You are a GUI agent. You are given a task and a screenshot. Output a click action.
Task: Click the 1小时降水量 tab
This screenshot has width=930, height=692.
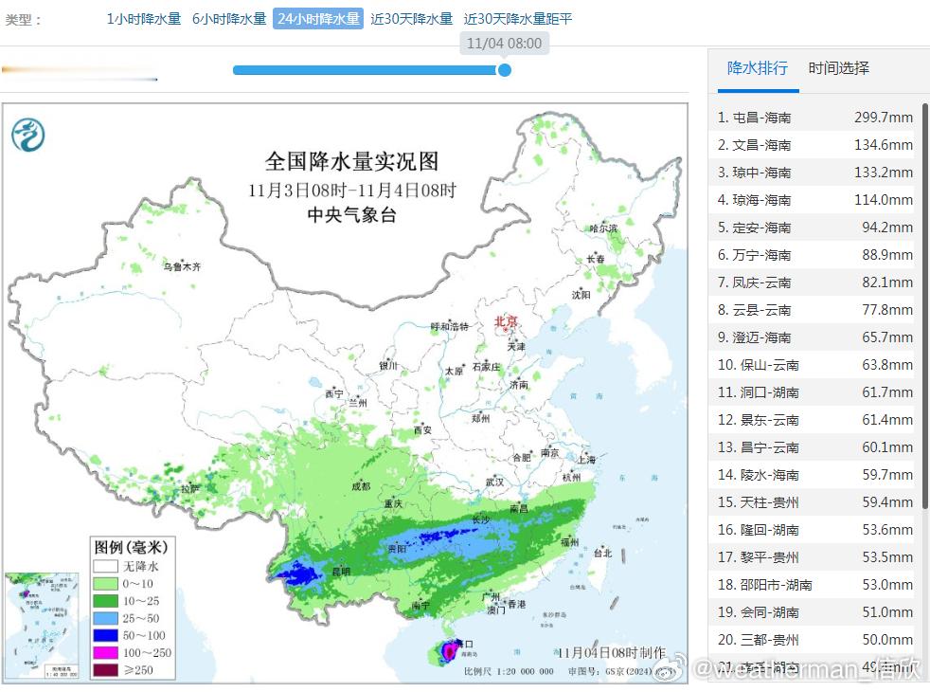pos(144,19)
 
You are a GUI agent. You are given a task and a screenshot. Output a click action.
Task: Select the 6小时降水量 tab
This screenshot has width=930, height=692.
pos(229,19)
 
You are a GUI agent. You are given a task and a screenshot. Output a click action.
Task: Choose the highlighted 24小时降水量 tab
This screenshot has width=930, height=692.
pos(318,19)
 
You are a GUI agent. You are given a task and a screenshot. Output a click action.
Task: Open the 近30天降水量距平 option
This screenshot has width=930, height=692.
pos(518,19)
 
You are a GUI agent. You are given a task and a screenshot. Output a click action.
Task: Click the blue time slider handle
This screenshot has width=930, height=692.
pos(505,70)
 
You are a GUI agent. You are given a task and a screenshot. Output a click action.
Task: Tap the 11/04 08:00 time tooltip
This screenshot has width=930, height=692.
pos(505,44)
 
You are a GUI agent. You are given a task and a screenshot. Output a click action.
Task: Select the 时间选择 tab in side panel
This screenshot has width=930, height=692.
pos(838,68)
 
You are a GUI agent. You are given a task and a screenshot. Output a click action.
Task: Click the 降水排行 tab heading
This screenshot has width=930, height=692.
pos(758,68)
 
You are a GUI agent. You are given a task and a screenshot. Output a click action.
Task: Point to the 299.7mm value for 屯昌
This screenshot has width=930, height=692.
pos(883,118)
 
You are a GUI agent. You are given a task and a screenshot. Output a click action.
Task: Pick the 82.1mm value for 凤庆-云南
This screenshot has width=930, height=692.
pos(885,282)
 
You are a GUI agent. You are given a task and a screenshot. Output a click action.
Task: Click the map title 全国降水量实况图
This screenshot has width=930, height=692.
pos(351,161)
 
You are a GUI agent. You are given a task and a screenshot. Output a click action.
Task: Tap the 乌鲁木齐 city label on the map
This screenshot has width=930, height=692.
pos(182,267)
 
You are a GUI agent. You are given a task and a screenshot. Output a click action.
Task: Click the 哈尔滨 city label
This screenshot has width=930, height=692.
pos(603,228)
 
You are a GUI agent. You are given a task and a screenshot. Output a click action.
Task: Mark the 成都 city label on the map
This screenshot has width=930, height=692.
pos(360,486)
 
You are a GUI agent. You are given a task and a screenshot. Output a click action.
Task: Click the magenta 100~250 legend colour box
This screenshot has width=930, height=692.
pos(106,652)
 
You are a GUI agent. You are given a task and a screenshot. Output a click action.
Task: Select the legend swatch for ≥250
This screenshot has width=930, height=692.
pos(106,670)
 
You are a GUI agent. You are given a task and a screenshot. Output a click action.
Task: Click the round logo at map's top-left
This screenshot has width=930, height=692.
pos(28,136)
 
